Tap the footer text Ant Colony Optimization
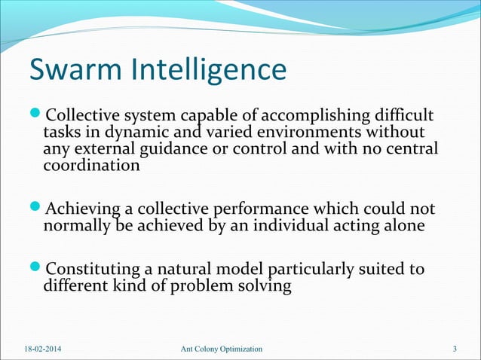click(222, 349)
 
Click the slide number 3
click(455, 349)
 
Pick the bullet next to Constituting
click(35, 269)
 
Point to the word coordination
click(91, 166)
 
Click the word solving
click(264, 286)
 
